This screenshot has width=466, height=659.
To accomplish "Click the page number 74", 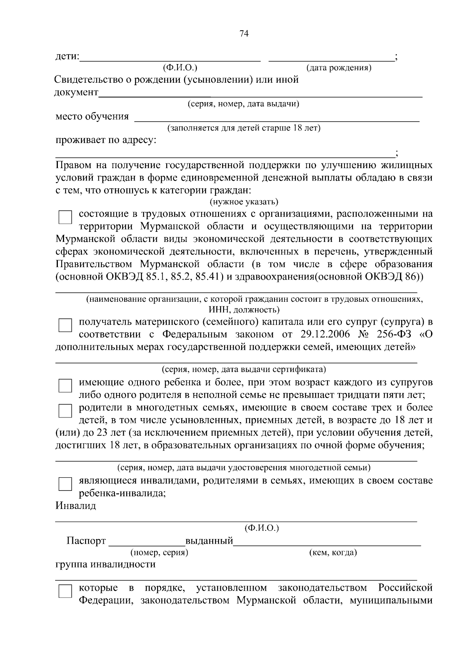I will click(x=244, y=34).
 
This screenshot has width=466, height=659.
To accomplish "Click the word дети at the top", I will click(x=66, y=57).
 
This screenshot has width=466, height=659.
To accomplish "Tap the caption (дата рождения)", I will click(x=339, y=68).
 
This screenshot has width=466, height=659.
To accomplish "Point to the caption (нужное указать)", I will click(x=244, y=202).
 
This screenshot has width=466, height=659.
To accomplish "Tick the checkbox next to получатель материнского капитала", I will click(x=65, y=325).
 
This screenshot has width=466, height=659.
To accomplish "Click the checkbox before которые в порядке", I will click(x=65, y=591).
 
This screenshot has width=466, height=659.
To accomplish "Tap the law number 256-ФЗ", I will click(x=393, y=334).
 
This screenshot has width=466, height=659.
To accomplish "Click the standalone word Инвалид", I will click(x=75, y=506).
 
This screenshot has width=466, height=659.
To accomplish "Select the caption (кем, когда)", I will click(x=333, y=552).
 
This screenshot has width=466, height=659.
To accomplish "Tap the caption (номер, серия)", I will click(x=159, y=552).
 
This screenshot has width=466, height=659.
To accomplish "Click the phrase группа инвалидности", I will click(x=105, y=564).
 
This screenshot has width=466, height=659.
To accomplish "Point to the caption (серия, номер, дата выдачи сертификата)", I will click(x=244, y=369).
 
